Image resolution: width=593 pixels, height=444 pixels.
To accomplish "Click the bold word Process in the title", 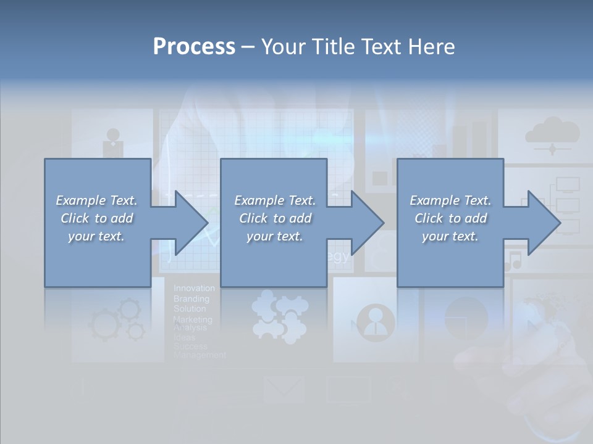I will (x=194, y=47).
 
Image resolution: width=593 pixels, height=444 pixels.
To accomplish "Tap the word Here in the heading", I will (x=431, y=47).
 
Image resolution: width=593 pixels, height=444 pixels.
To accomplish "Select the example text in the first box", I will (x=97, y=218).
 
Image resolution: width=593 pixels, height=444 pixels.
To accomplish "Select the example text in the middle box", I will (x=274, y=218).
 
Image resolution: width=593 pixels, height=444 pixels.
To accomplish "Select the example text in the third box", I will (x=450, y=218).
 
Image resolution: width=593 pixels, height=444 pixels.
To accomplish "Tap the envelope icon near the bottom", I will (x=284, y=389).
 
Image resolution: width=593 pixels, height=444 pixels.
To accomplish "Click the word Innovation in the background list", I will (x=194, y=288).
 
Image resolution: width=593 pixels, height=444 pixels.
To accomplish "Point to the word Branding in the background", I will (x=191, y=298).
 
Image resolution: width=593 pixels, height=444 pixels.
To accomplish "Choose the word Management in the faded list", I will (x=200, y=355).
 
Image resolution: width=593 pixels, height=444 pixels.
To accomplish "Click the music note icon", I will (x=513, y=261).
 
